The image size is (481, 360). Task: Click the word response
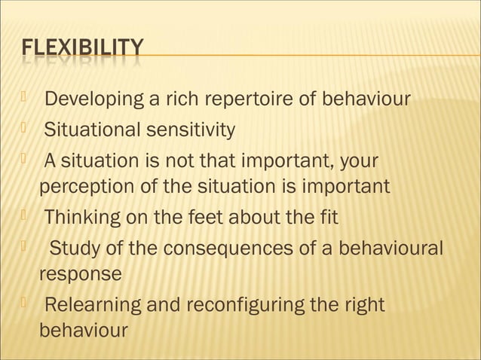pos(80,274)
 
